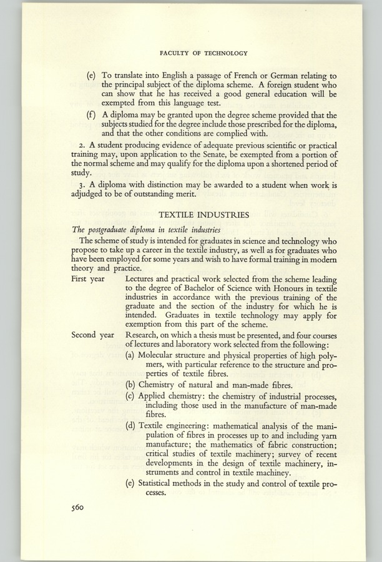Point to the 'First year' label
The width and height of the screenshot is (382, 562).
tap(88, 279)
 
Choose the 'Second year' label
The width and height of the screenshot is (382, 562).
tap(92, 335)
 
